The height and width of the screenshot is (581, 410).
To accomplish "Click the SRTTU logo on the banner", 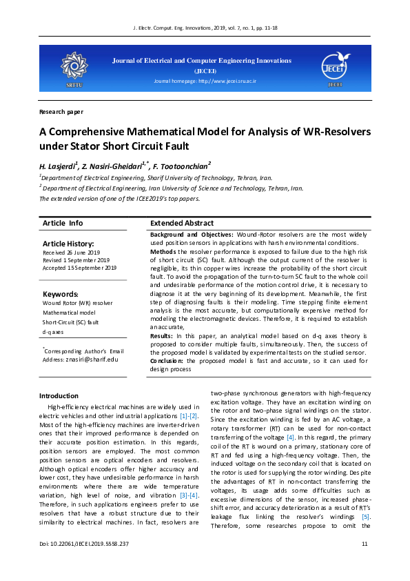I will [73, 68].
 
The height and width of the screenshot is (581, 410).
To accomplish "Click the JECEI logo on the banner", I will [335, 68].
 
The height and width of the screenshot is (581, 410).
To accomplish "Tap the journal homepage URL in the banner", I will [205, 81].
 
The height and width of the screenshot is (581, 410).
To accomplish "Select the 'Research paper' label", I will [61, 111].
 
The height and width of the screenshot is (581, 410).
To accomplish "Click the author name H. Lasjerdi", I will [58, 166].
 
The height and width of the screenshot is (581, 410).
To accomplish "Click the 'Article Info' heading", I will [63, 223].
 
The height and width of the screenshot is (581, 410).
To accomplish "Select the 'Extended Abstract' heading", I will [182, 223].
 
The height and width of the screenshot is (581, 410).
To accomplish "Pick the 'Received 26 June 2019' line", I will [71, 253].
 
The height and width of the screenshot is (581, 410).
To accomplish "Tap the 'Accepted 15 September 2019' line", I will [79, 268].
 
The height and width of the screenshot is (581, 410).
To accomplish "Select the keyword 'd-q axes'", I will [53, 331].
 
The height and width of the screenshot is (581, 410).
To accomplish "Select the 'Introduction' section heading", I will [59, 395].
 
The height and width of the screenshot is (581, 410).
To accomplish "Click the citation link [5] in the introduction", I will [366, 517].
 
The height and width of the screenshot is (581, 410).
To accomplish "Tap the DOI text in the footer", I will [84, 564].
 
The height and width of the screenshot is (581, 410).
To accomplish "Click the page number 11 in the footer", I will [365, 564].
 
